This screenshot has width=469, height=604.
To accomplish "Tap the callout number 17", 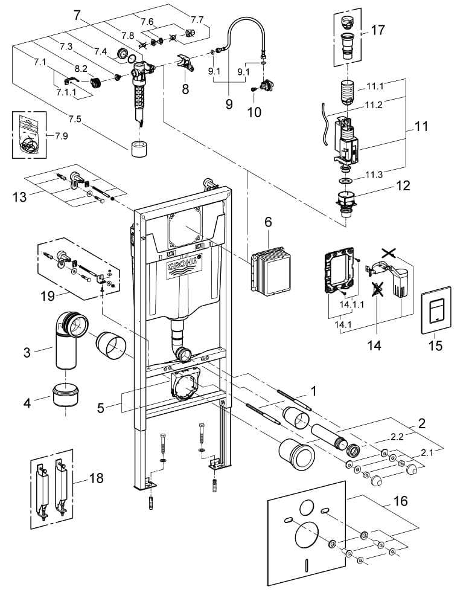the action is coord(377,30).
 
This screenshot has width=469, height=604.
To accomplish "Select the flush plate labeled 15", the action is coord(436,310).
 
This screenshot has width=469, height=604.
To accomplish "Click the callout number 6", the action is coord(268,222).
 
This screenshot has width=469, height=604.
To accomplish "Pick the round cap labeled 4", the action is coord(65,395).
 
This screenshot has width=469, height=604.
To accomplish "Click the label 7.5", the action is coord(75,119).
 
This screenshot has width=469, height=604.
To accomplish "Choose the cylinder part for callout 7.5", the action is coord(139,149).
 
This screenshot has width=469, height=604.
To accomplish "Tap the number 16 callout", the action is coord(400,501).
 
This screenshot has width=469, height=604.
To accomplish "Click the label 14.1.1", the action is coord(351,304).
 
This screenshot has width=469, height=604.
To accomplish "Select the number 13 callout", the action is coord(20,197).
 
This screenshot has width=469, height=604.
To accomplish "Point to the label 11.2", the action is coord(374,104).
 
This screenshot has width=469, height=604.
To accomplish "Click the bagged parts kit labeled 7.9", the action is coord(29,135).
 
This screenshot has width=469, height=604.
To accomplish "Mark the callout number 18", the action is coord(96,478).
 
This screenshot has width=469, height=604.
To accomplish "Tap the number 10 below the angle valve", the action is coord(254,112).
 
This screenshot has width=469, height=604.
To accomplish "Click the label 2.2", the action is coord(397,437).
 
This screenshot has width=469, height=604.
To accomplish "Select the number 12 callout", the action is coord(403,185).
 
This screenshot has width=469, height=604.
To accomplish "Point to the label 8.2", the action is coord(81,69).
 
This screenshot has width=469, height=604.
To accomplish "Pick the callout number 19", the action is coord(48,296).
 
